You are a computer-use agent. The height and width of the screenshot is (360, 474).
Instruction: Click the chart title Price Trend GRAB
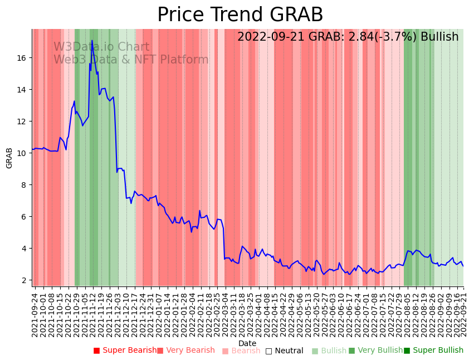pyautogui.click(x=240, y=15)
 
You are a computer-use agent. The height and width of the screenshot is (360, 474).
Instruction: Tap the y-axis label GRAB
pyautogui.click(x=9, y=158)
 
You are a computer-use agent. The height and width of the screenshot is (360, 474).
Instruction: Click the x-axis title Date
pyautogui.click(x=247, y=343)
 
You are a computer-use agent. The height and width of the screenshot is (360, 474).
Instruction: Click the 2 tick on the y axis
pyautogui.click(x=25, y=280)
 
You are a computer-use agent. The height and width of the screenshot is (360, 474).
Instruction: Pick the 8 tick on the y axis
pyautogui.click(x=25, y=185)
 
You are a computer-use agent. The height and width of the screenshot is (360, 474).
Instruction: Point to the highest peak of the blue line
pyautogui.click(x=92, y=41)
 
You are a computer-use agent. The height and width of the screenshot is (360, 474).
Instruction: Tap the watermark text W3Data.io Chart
pyautogui.click(x=101, y=47)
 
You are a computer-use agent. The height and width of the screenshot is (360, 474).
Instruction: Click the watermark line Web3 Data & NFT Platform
pyautogui.click(x=131, y=60)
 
